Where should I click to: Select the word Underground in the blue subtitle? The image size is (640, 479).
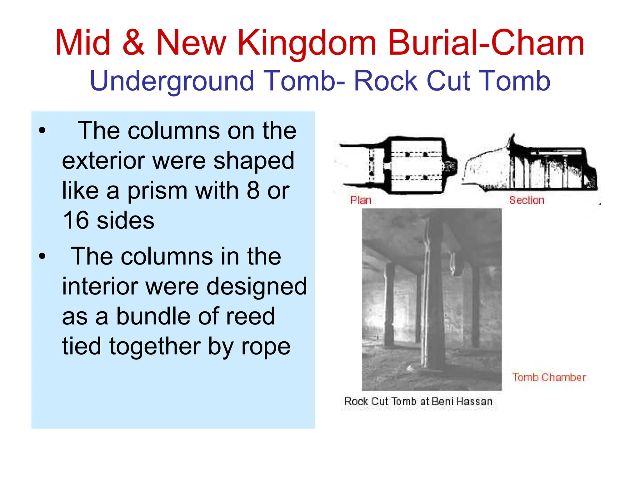click(172, 81)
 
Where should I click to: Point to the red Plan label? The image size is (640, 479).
click(361, 200)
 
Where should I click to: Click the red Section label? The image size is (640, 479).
click(527, 200)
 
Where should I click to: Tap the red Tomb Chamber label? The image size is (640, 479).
click(549, 377)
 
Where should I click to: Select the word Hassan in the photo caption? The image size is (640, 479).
click(474, 401)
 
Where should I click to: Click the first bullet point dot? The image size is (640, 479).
click(42, 131)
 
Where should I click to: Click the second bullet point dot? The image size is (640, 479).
click(42, 256)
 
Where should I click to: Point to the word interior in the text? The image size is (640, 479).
click(100, 286)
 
